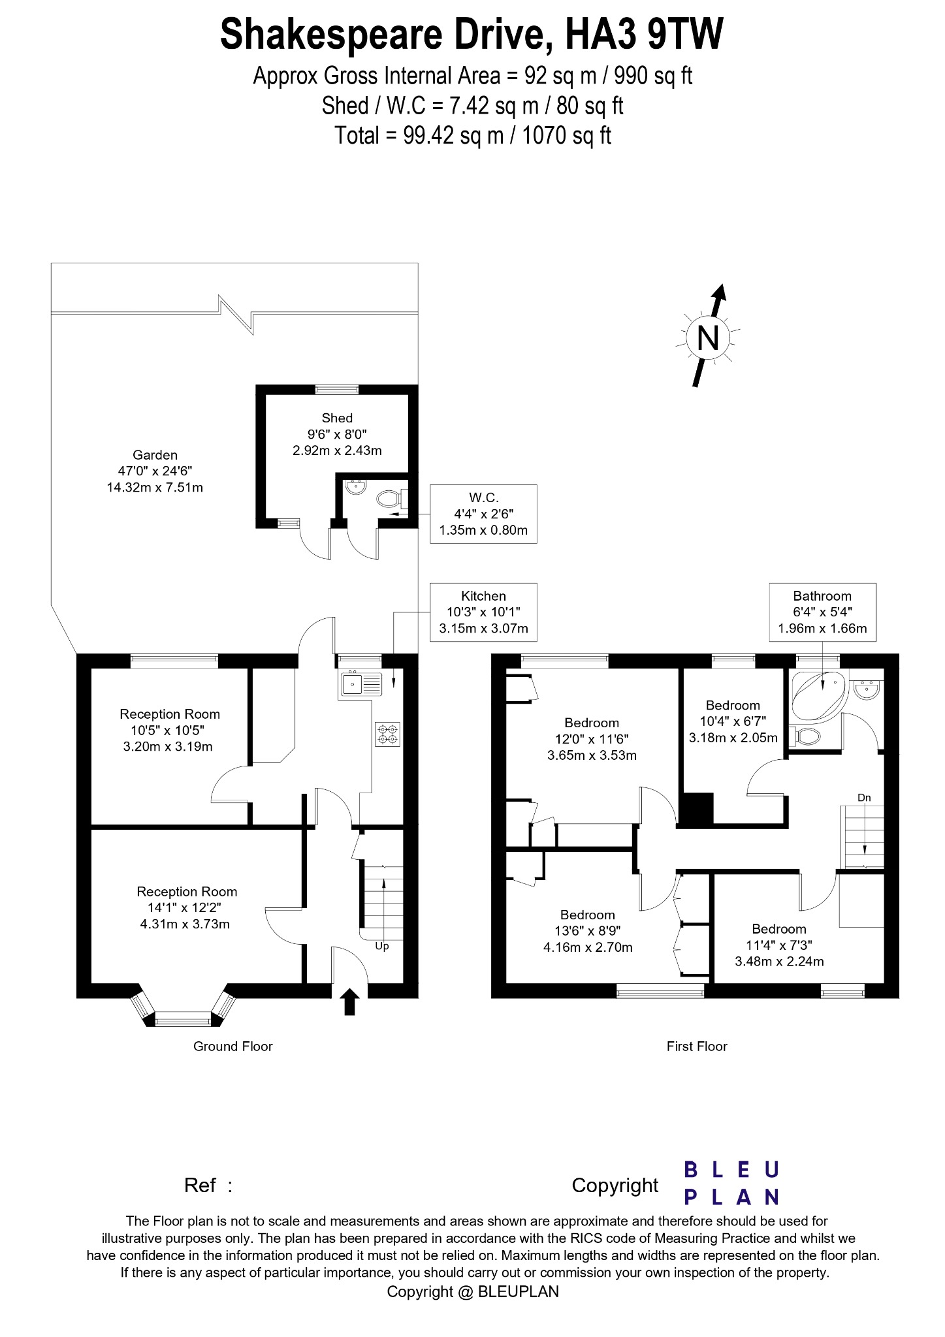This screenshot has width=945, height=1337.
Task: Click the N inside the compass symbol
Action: click(x=708, y=338)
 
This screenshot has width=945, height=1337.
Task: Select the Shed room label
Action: click(x=337, y=434)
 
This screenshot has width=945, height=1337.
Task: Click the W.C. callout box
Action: click(x=483, y=514)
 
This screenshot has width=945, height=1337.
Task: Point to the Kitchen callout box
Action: click(x=483, y=612)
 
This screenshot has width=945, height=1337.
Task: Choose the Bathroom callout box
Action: click(x=822, y=612)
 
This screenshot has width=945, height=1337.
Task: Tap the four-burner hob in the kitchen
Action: click(x=388, y=734)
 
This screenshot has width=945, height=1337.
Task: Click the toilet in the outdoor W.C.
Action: click(x=389, y=500)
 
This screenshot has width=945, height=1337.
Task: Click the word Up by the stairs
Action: click(x=382, y=946)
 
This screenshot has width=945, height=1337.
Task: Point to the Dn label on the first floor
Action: click(x=864, y=798)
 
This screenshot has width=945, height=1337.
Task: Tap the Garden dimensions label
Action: click(x=155, y=471)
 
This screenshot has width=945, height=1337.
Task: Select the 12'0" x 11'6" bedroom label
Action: click(x=592, y=739)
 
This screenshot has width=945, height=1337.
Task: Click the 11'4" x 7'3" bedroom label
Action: click(x=779, y=945)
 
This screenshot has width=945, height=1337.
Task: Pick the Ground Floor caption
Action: click(x=232, y=1046)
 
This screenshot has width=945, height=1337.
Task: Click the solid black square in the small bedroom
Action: click(x=697, y=809)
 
